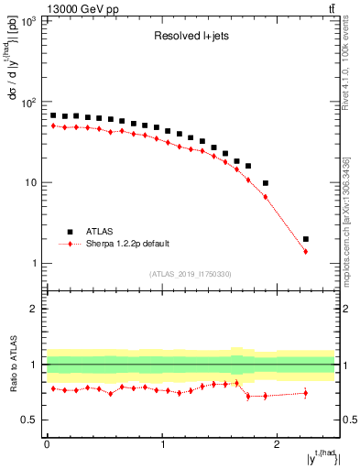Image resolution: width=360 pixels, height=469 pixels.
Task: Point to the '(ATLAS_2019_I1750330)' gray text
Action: (x=190, y=274)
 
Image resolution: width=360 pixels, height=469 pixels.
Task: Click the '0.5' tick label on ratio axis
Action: (x=31, y=420)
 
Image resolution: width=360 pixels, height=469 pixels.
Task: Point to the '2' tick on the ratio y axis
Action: (x=36, y=309)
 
